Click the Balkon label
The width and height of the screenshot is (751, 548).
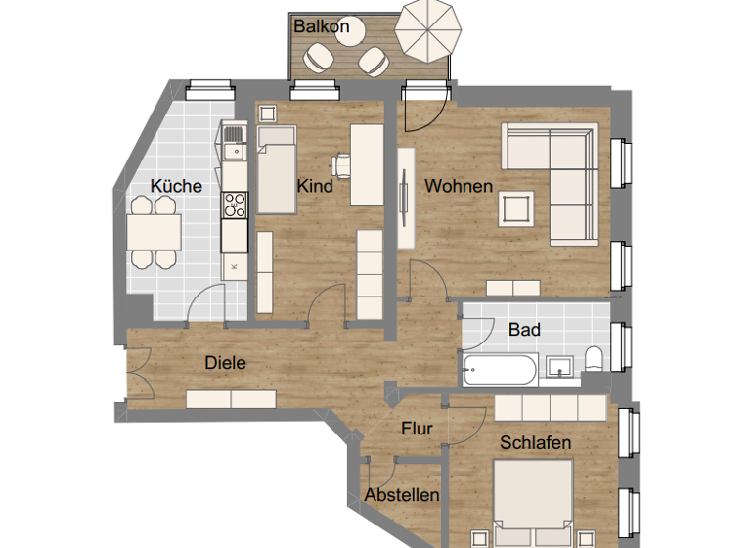[322, 26]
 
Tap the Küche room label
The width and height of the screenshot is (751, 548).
[176, 185]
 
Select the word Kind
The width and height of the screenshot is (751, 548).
[315, 186]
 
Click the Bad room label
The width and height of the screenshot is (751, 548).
[524, 330]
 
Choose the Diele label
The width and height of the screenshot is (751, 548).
[225, 363]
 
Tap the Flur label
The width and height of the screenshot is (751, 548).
[418, 429]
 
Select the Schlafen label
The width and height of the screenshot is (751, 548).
[536, 442]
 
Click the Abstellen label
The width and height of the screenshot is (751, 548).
[402, 495]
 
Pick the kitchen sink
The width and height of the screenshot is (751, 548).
[234, 148]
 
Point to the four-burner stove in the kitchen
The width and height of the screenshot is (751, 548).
[235, 204]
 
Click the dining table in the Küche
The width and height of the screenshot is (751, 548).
[154, 232]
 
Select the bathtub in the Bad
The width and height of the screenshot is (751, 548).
[499, 371]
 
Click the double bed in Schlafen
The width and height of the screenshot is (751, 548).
[533, 503]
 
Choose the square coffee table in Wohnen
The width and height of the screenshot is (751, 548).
[516, 206]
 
